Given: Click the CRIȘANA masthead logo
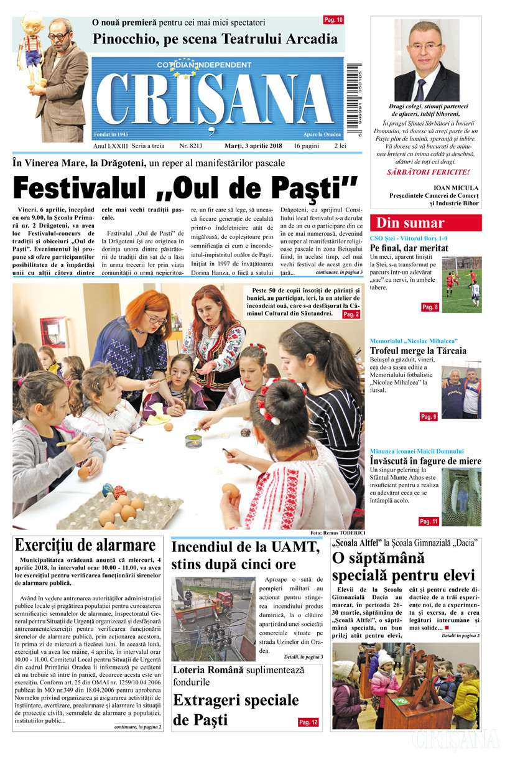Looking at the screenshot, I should (x=218, y=100).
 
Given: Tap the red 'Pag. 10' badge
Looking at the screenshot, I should (x=333, y=21).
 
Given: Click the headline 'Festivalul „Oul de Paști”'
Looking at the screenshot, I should (x=185, y=187).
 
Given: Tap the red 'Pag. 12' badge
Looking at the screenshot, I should (x=308, y=722).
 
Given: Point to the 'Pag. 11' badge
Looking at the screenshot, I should (x=429, y=521).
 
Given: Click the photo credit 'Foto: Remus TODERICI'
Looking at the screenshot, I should (x=336, y=533).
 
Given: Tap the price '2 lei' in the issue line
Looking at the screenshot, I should (x=340, y=146).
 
